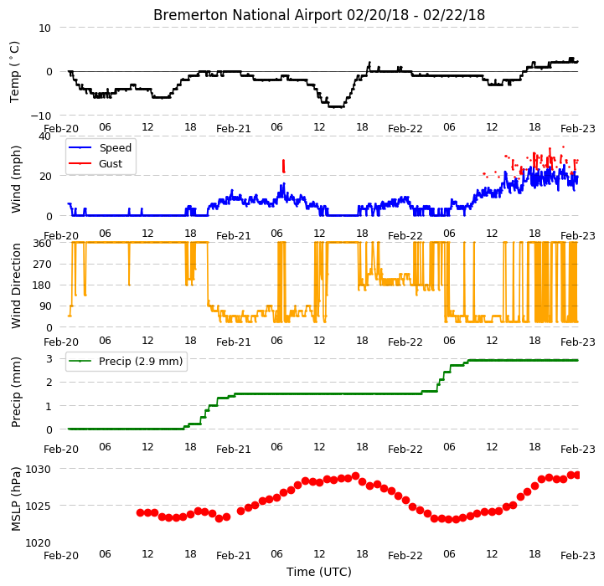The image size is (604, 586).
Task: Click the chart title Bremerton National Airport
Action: click(x=247, y=15)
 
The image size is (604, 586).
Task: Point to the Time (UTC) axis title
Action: click(x=319, y=572)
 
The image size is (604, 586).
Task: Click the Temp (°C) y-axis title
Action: click(x=14, y=72)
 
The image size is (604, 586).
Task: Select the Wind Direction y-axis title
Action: click(x=16, y=285)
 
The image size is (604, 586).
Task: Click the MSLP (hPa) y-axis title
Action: click(x=16, y=499)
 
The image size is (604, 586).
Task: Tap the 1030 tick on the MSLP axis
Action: click(x=39, y=470)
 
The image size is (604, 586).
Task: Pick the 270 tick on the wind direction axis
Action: click(x=43, y=265)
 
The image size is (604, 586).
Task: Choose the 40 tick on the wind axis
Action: click(x=44, y=136)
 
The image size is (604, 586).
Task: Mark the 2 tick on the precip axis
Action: click(x=49, y=383)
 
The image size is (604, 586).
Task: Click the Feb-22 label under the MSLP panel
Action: click(x=405, y=556)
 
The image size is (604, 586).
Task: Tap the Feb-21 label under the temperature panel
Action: click(x=234, y=129)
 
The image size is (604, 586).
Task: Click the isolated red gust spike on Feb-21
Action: click(x=283, y=167)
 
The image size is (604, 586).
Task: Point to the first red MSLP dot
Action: click(x=140, y=513)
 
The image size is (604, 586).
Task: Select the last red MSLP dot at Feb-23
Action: click(x=576, y=475)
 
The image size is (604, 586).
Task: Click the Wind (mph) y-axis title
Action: click(x=16, y=179)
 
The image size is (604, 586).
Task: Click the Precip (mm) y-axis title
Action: click(x=16, y=393)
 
